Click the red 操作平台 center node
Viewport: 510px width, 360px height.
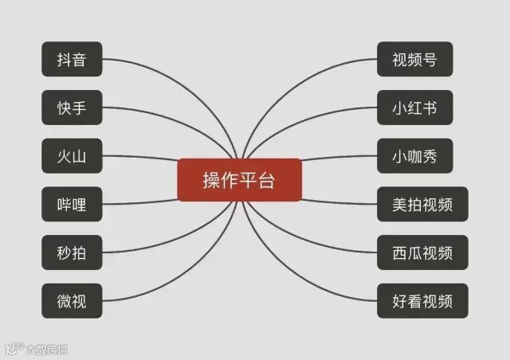click(x=239, y=180)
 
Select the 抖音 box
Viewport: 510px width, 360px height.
click(x=72, y=60)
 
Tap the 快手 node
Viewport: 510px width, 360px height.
click(x=72, y=108)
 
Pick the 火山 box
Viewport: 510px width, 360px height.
click(x=72, y=156)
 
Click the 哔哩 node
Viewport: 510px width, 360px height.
click(x=72, y=205)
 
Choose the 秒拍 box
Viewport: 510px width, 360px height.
click(x=72, y=252)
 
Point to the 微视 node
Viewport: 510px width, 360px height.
click(x=72, y=301)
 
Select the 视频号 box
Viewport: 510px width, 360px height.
click(x=414, y=60)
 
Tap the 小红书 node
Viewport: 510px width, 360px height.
click(x=414, y=108)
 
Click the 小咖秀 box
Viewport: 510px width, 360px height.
click(x=414, y=156)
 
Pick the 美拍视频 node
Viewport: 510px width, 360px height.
click(x=422, y=205)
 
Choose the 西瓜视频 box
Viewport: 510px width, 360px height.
click(x=422, y=252)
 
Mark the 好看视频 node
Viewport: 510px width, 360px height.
click(x=422, y=301)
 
